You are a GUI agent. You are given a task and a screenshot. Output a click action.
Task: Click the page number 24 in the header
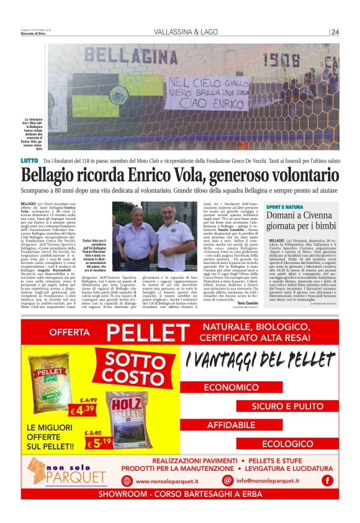[x=335, y=32]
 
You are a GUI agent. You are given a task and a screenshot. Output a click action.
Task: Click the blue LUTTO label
[x=29, y=161]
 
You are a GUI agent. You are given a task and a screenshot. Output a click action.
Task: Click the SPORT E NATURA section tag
[x=285, y=207]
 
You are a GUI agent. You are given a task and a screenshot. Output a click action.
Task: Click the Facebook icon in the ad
[x=327, y=480]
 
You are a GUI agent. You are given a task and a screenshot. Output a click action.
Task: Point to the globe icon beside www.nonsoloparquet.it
[x=127, y=480]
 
